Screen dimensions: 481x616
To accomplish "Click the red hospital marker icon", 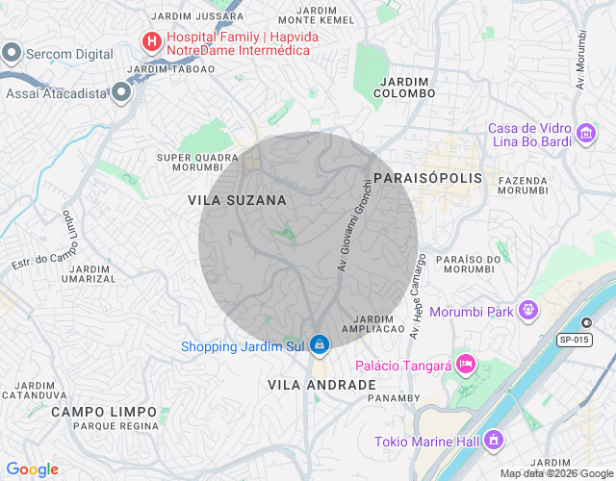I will click(x=151, y=41).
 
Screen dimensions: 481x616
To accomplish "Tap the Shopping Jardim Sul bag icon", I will click(x=319, y=343).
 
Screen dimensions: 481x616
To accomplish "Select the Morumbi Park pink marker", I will click(x=527, y=311).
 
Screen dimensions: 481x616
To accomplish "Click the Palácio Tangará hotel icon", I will click(x=465, y=363).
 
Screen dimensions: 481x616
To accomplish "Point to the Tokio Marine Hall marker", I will click(x=494, y=441).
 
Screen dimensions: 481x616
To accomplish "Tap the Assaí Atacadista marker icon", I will click(x=121, y=92).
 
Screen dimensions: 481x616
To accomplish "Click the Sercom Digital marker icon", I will click(x=13, y=53).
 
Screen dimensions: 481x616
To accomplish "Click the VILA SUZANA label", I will click(x=237, y=200).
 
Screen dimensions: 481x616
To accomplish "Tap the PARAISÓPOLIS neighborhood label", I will click(x=426, y=179).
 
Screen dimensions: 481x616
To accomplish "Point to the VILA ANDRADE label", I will click(x=321, y=385).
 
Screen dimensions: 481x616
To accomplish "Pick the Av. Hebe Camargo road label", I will click(x=418, y=296).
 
